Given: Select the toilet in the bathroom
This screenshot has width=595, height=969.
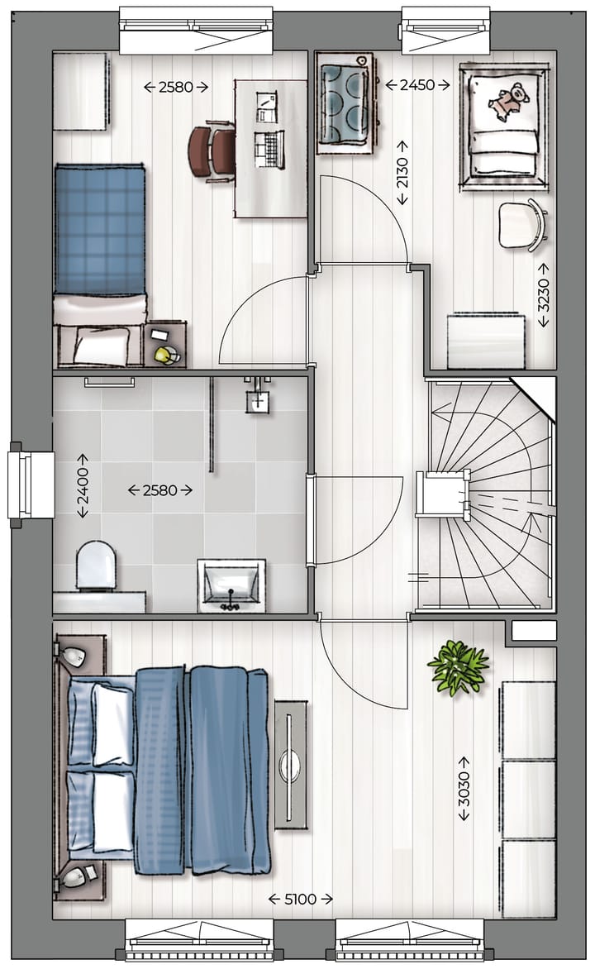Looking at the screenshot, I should click(95, 566).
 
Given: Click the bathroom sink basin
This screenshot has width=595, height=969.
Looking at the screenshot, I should click(231, 585).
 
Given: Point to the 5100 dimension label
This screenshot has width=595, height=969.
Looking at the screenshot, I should click(301, 899).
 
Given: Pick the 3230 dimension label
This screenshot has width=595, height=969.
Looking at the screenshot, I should click(543, 295).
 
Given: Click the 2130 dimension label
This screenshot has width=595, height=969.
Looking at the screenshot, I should click(402, 172).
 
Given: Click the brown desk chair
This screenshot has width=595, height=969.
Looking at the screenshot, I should click(212, 151).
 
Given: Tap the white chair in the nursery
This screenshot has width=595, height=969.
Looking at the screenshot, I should click(523, 224).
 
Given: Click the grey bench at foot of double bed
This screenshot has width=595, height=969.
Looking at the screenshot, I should click(290, 763).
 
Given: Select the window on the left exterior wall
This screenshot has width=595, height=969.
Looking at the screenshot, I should click(20, 484).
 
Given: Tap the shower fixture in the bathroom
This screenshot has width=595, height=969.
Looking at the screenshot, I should click(259, 398).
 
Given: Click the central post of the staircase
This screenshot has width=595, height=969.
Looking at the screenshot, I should click(441, 494).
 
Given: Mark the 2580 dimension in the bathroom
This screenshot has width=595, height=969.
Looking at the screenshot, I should click(160, 489).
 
